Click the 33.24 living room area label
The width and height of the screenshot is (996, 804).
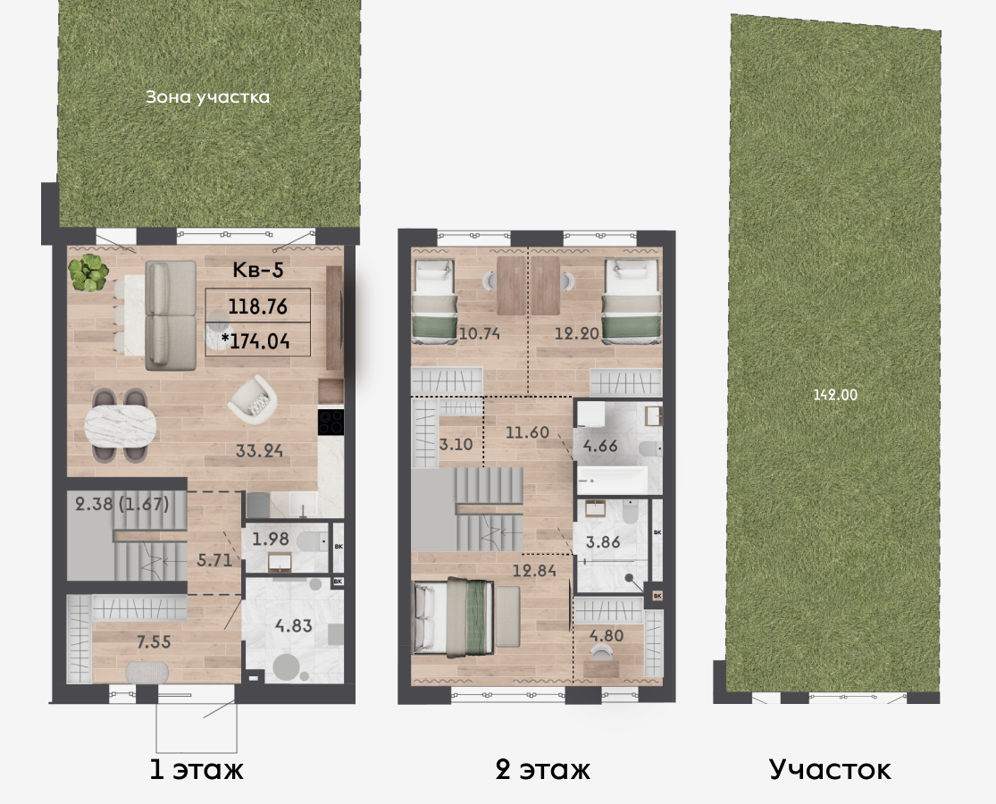point(259,451)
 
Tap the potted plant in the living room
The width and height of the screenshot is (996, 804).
point(89,272)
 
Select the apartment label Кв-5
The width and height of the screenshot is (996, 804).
point(258,270)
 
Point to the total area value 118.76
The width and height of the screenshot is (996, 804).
point(258,306)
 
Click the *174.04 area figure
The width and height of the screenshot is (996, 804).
point(255,341)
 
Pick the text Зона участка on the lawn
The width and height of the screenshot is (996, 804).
point(208,97)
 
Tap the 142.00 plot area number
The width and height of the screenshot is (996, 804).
point(835,395)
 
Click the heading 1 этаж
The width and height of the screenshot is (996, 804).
point(197,770)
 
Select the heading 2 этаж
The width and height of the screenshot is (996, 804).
point(542,770)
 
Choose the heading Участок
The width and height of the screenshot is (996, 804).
point(830,769)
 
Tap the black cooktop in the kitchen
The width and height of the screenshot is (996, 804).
point(331,423)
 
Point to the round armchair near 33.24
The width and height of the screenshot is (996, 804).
point(253,400)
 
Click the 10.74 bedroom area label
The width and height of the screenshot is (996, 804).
point(479,333)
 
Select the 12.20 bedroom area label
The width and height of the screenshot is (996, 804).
point(577,333)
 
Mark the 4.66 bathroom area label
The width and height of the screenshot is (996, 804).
point(600,446)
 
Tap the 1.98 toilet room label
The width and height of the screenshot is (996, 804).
point(271,540)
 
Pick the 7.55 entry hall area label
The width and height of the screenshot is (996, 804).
point(154,642)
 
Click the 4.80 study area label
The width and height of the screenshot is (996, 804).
point(607,636)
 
